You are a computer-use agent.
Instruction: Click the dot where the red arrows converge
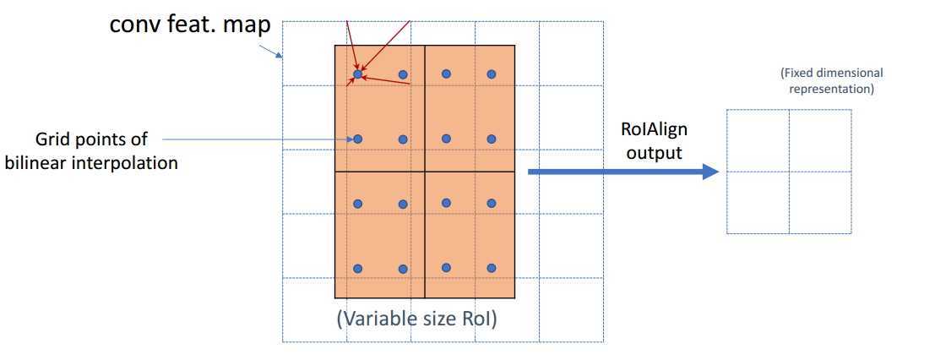click(358, 74)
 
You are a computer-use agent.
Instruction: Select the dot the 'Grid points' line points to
click(358, 139)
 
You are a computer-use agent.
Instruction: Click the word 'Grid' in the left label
click(51, 139)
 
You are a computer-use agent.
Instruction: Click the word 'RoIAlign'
click(654, 130)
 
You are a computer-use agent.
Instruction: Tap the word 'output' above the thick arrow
click(654, 152)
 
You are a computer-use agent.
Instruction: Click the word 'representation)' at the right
click(832, 90)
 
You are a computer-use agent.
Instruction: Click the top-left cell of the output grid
click(758, 140)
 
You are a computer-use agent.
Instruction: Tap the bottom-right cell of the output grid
click(820, 202)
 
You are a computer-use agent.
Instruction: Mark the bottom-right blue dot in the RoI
click(492, 268)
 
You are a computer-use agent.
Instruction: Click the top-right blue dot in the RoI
click(492, 74)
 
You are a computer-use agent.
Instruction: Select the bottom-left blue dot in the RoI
click(358, 269)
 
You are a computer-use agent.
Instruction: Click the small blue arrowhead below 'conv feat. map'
click(280, 56)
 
